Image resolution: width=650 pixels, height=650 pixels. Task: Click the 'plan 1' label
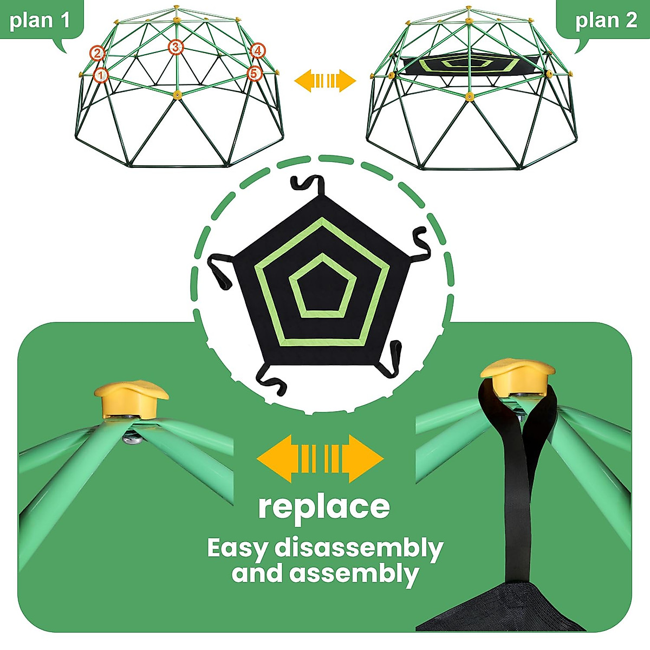(x=40, y=21)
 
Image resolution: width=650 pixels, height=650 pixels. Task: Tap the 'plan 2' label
(x=606, y=21)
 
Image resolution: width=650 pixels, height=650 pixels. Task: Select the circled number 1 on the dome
(x=101, y=75)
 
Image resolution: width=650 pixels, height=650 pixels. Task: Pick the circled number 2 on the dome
(x=97, y=53)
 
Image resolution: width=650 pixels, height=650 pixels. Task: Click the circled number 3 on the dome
(x=175, y=48)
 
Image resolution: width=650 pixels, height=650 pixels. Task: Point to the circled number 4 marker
(x=258, y=51)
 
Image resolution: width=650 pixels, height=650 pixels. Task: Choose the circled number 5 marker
(x=255, y=73)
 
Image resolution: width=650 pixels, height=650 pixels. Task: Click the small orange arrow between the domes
(x=325, y=81)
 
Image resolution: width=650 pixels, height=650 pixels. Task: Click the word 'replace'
(x=324, y=507)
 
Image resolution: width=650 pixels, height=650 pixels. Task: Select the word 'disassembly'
(x=359, y=548)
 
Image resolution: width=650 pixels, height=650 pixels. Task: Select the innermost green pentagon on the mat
(x=323, y=285)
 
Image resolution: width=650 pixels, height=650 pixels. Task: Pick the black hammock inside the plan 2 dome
(x=469, y=64)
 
